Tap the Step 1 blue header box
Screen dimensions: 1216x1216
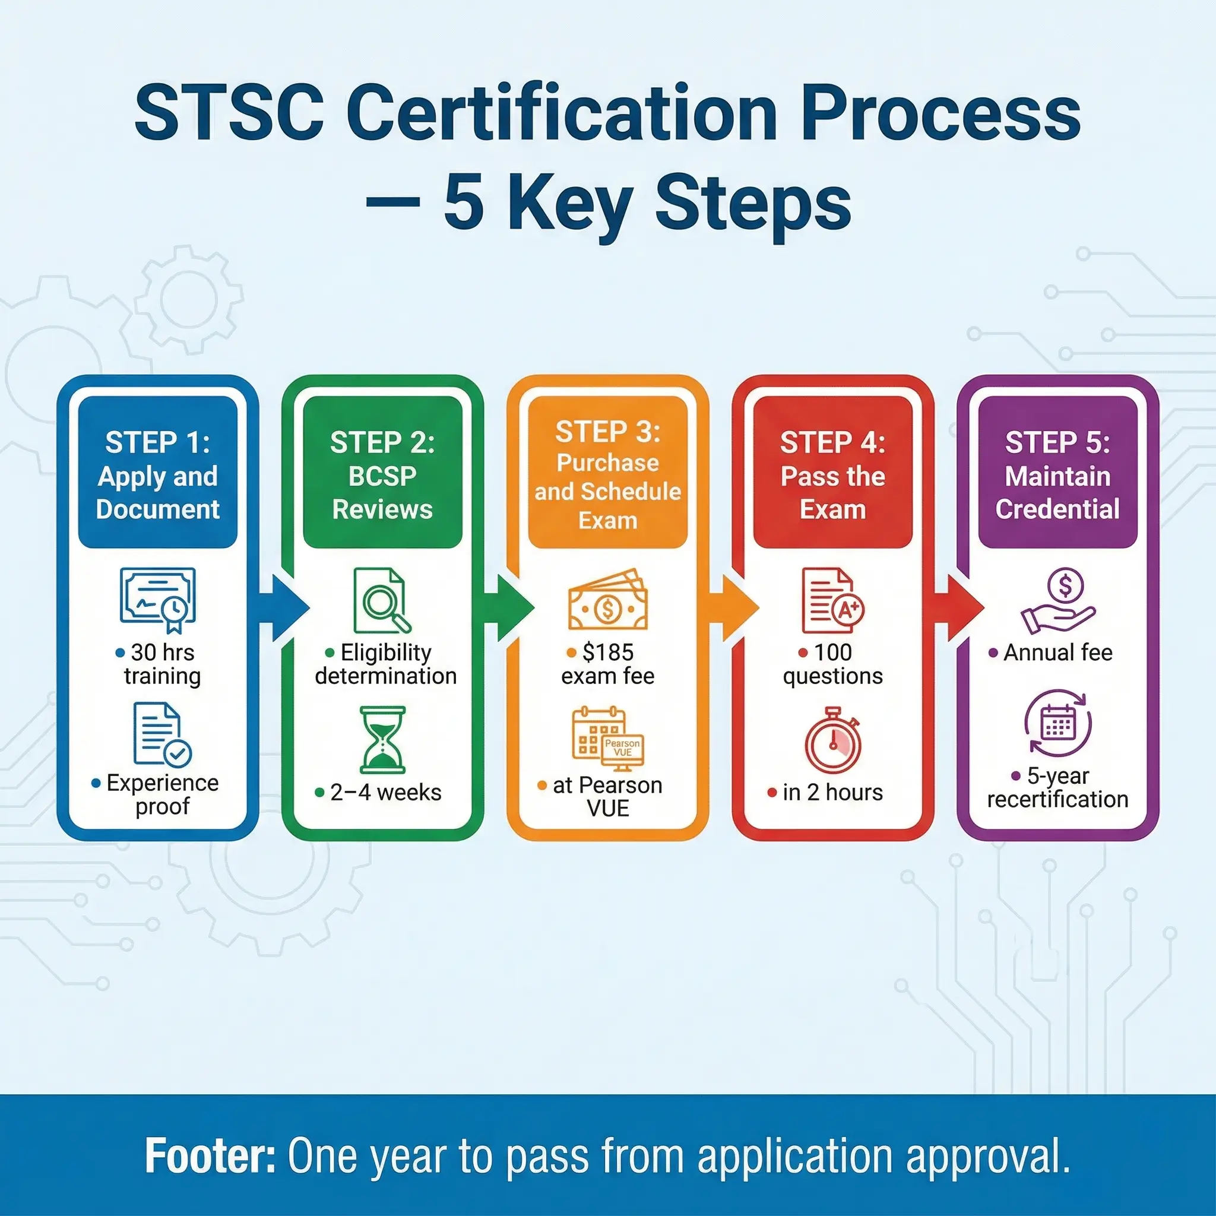pos(157,472)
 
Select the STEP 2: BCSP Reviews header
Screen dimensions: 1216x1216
pos(382,472)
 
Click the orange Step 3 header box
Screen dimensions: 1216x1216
pos(607,472)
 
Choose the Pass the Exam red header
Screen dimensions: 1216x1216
pos(832,472)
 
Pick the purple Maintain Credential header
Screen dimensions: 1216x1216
pos(1057,472)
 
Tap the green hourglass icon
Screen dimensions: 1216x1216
pos(382,740)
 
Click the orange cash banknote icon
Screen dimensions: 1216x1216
pos(607,600)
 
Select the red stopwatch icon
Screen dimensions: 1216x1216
pos(832,742)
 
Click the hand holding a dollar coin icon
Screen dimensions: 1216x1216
pos(1058,601)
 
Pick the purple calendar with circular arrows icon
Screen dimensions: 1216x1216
pos(1058,723)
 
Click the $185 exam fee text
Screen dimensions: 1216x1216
pos(607,664)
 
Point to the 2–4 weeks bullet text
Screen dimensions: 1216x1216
pos(385,793)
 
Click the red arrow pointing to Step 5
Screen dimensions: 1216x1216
pos(963,608)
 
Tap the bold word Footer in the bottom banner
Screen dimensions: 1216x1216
pos(210,1155)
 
